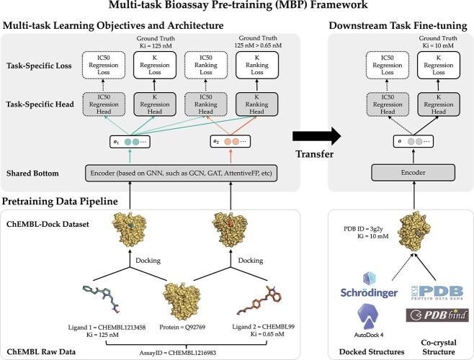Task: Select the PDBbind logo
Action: coord(436,314)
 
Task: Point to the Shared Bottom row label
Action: coord(35,173)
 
